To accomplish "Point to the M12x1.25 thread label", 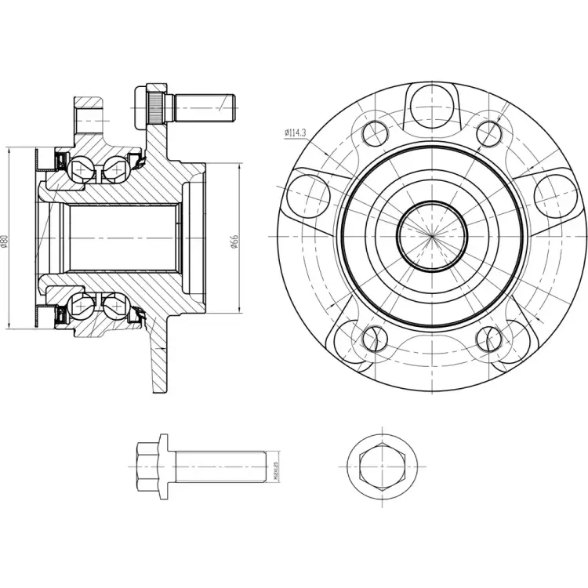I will coord(276,470).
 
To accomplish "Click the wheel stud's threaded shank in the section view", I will coord(205,105).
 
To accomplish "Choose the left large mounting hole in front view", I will coord(309,191).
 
